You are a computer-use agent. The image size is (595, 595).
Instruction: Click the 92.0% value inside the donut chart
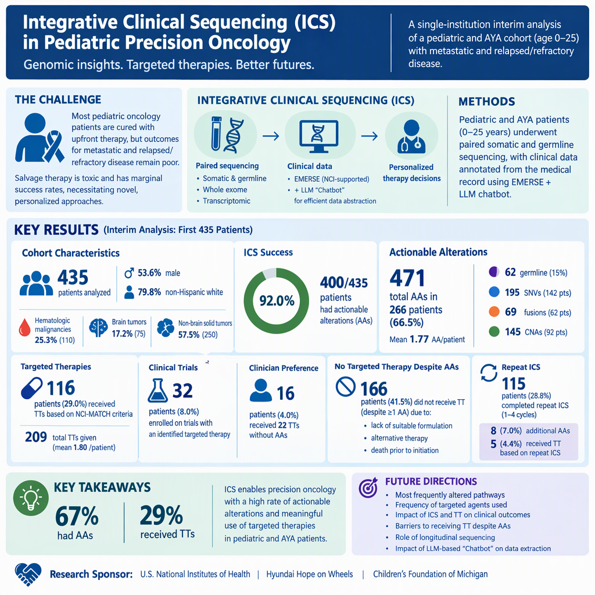click(x=277, y=301)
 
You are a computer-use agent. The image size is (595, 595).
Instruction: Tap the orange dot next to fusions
click(x=494, y=311)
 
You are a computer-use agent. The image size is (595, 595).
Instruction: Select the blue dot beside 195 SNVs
click(x=494, y=292)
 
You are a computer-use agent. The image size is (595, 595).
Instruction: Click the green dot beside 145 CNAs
click(x=494, y=332)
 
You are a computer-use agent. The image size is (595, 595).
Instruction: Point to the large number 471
click(x=407, y=278)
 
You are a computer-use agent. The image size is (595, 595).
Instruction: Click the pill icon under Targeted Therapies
click(x=32, y=388)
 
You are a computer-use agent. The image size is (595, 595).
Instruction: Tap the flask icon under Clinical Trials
click(x=158, y=390)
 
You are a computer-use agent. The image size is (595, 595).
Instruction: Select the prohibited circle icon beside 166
click(x=346, y=386)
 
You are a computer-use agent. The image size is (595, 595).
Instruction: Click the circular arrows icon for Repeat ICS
click(x=489, y=372)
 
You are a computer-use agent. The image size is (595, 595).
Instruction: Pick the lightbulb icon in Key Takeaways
click(x=31, y=498)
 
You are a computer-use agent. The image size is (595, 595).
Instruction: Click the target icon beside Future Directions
click(x=368, y=488)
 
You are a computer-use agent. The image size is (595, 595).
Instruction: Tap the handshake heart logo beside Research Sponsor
click(x=28, y=574)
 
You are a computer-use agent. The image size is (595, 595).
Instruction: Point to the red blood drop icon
click(x=24, y=328)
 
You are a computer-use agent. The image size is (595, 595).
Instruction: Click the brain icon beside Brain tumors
click(x=98, y=328)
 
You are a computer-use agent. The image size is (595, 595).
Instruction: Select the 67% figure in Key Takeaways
click(x=77, y=516)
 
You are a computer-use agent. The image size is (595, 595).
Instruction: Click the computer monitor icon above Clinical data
click(x=319, y=136)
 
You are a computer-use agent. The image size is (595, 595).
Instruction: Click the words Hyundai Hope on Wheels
click(x=310, y=574)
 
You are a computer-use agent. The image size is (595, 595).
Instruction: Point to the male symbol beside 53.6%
click(x=129, y=273)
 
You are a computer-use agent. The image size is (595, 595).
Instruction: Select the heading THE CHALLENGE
click(x=58, y=100)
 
